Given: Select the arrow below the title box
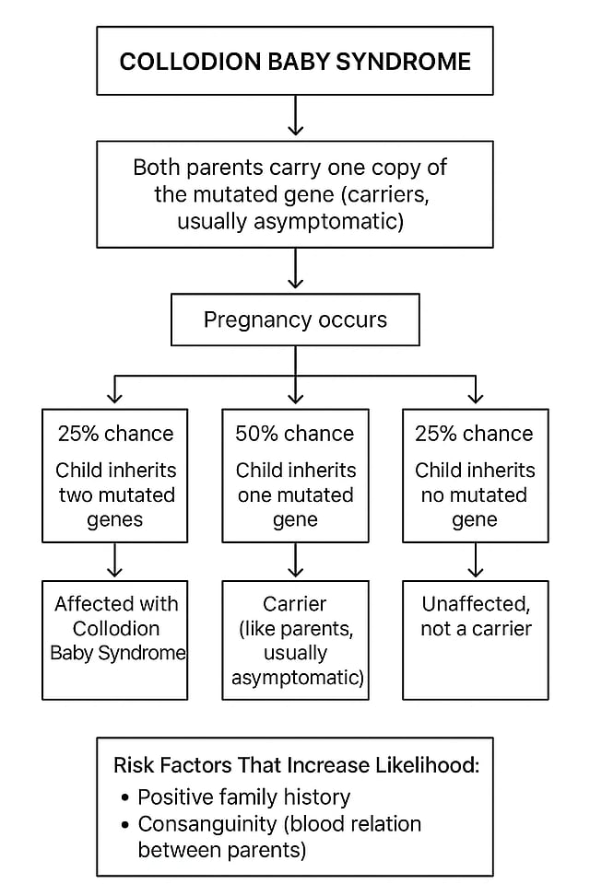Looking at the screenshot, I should [295, 116].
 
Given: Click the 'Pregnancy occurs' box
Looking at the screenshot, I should [295, 320].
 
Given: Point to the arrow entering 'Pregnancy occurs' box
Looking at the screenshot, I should [295, 271].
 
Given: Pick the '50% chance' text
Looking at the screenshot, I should [295, 434].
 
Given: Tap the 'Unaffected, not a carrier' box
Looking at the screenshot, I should [476, 639].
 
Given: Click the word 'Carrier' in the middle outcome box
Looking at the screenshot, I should [295, 605].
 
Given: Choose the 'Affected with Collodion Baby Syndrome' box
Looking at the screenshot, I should [114, 639].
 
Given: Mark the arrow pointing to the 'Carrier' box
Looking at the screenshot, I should [295, 560].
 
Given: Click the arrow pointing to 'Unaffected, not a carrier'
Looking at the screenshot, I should [476, 560].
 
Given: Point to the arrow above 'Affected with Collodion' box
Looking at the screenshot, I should [114, 560].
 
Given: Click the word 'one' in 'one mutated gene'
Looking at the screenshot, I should [255, 494].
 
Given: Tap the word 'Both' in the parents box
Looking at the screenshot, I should [158, 169].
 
